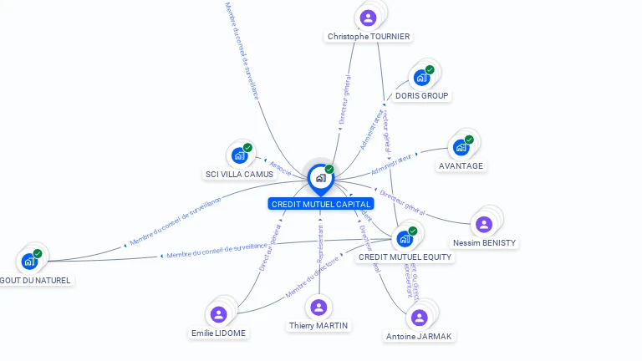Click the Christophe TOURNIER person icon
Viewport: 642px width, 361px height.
(x=368, y=18)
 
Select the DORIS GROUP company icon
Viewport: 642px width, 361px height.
(x=421, y=78)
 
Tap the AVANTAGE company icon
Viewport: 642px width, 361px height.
(x=461, y=148)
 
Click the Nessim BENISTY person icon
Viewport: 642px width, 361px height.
(x=483, y=224)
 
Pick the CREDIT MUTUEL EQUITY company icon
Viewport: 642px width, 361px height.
(x=405, y=238)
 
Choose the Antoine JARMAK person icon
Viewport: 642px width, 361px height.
(x=419, y=318)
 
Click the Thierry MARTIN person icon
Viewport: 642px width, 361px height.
(x=318, y=308)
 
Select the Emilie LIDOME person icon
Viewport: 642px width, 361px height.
(x=219, y=314)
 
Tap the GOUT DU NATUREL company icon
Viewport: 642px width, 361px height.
(x=29, y=262)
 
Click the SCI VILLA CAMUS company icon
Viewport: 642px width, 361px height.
(x=239, y=155)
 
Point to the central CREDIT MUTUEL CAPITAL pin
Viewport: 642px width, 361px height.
(x=320, y=177)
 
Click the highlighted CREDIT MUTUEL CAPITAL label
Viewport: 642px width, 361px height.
(x=321, y=204)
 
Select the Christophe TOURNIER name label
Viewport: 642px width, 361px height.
(x=369, y=37)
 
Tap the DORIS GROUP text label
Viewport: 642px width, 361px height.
(x=422, y=96)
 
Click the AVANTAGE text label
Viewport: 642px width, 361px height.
(x=461, y=166)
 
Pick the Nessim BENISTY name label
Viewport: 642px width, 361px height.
(x=485, y=243)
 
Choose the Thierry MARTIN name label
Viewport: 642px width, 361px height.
(x=319, y=326)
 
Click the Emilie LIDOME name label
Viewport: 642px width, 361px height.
(x=219, y=333)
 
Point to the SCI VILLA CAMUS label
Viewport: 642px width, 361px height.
(x=239, y=174)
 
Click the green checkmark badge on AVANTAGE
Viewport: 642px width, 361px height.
(x=469, y=140)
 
